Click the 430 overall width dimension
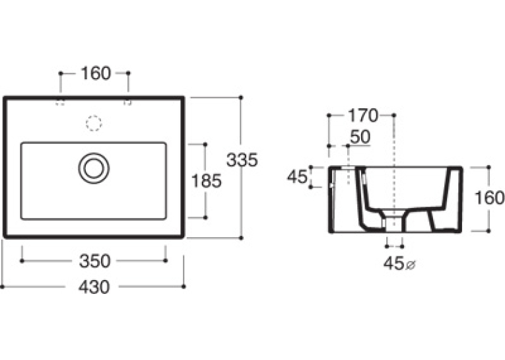click(94, 287)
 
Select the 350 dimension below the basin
click(94, 261)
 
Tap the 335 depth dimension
click(242, 160)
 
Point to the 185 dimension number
click(206, 181)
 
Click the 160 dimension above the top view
click(96, 73)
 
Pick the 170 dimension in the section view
click(362, 116)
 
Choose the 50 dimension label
click(360, 137)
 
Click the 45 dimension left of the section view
click(297, 176)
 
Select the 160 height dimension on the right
click(489, 198)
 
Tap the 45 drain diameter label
click(393, 264)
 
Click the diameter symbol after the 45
click(411, 266)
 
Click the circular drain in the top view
click(94, 168)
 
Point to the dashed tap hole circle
click(94, 123)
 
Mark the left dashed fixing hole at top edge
click(60, 102)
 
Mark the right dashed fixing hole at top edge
click(128, 102)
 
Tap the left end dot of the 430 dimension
click(2, 287)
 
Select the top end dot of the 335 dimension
click(240, 97)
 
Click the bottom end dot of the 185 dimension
click(205, 217)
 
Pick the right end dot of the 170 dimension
click(393, 115)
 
